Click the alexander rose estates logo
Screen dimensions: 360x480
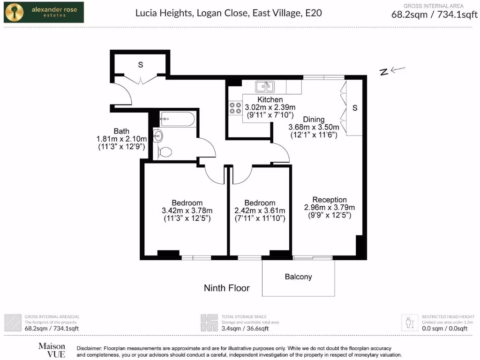[x=44, y=12]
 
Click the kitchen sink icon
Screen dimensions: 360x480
[x=264, y=87]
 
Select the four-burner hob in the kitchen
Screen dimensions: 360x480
[x=235, y=108]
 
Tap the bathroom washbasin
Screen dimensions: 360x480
[x=158, y=136]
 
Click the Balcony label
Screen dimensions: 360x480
[x=298, y=277]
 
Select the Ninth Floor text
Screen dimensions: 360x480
[x=226, y=288]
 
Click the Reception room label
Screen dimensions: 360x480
[x=330, y=200]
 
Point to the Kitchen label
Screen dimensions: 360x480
[x=270, y=100]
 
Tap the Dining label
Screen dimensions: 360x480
[x=313, y=120]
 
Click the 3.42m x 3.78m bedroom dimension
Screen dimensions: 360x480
[x=187, y=210]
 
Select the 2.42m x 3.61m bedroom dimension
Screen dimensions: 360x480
[x=260, y=210]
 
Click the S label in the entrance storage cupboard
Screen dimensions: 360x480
[x=140, y=65]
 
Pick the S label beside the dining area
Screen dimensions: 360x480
[x=355, y=108]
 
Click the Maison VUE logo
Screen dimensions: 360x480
[x=52, y=350]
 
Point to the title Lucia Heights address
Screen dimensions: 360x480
[x=228, y=13]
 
